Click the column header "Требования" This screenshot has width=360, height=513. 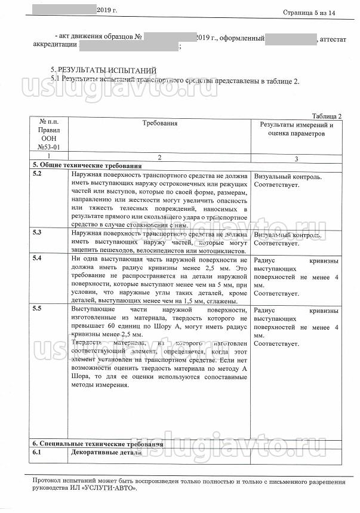[160, 123]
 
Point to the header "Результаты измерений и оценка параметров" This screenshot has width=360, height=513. [297, 129]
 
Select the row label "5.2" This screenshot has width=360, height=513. [37, 174]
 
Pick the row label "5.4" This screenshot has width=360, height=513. [37, 259]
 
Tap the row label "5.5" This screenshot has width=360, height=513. [37, 309]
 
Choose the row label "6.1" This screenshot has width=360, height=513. [37, 453]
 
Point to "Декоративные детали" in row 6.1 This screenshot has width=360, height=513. [106, 453]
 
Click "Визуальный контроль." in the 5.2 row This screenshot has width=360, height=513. [288, 177]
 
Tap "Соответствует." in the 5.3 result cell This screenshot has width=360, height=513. [276, 244]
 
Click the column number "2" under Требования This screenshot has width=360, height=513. [159, 157]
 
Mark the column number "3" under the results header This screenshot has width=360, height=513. [296, 158]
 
